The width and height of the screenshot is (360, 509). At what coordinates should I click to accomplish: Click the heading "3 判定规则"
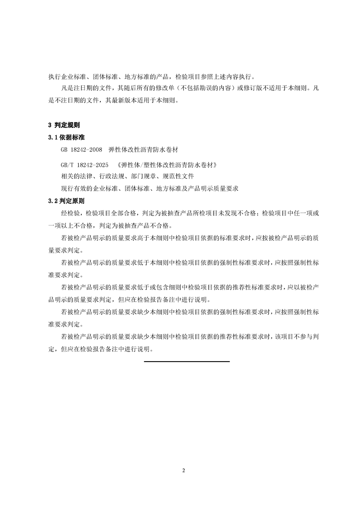(x=64, y=124)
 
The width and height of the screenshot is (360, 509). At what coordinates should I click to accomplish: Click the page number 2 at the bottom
(x=183, y=470)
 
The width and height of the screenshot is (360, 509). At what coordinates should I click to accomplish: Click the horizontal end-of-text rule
(x=187, y=361)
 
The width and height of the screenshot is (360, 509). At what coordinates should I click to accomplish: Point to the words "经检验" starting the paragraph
(x=69, y=213)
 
